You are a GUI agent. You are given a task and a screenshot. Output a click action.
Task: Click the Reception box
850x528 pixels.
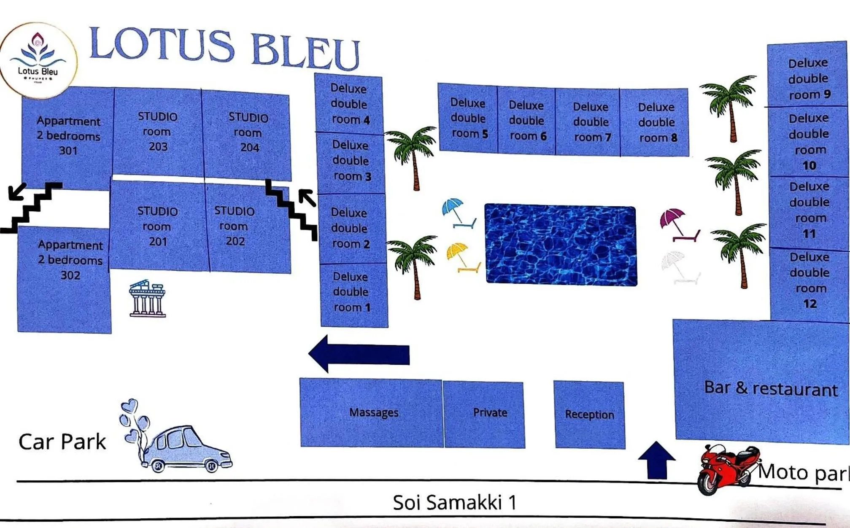point(589,415)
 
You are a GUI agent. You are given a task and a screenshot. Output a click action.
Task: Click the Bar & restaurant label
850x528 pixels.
point(770,388)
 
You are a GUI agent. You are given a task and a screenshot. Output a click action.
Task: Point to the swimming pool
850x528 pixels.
point(561,245)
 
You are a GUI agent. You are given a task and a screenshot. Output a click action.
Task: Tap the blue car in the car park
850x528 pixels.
point(186,449)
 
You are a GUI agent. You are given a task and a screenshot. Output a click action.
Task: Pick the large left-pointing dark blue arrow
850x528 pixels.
point(359,354)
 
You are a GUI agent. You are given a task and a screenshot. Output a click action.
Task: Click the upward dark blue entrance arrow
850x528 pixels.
point(656,460)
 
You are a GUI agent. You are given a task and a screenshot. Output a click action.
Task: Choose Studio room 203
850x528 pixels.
point(158,132)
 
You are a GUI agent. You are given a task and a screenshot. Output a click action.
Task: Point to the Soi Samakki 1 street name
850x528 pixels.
point(454,502)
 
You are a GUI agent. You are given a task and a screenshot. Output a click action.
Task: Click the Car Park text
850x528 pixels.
point(62,442)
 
